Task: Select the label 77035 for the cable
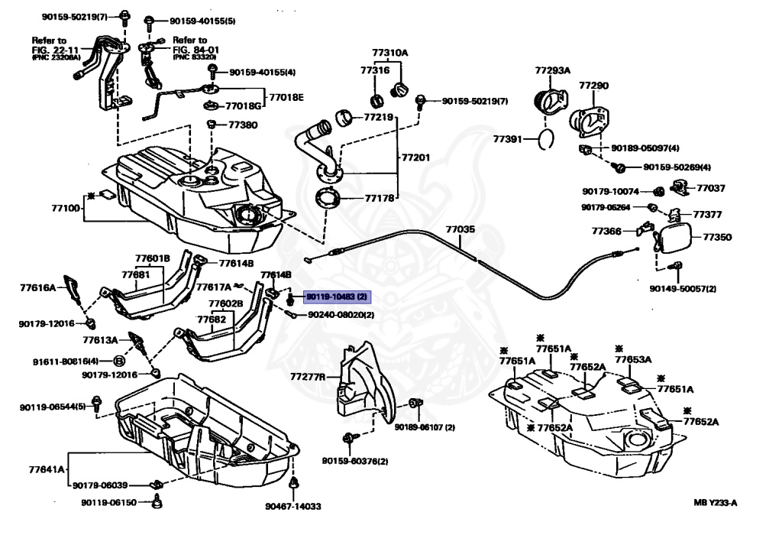point(460,229)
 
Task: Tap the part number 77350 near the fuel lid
point(716,238)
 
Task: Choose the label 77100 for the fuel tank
point(67,207)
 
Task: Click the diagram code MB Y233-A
point(719,502)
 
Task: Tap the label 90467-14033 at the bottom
point(293,506)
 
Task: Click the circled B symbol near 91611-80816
point(120,361)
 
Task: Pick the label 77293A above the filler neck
point(552,70)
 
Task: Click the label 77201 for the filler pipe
point(416,157)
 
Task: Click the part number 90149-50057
point(683,289)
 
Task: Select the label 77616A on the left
point(38,288)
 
